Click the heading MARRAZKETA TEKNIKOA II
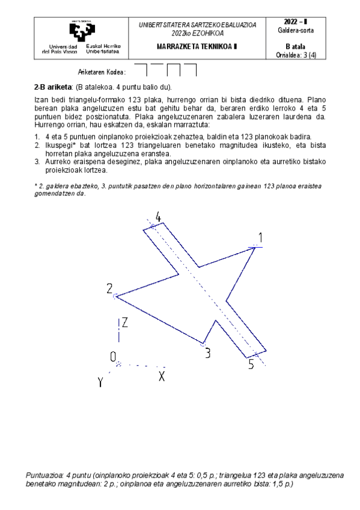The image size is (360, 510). (x=197, y=46)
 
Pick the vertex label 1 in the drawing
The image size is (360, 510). (x=260, y=236)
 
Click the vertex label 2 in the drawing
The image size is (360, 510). (x=110, y=288)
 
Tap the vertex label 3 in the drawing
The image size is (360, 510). (x=207, y=354)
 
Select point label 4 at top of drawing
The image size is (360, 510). (x=158, y=217)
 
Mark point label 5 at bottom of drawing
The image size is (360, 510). (x=252, y=364)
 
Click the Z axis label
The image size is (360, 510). (x=124, y=323)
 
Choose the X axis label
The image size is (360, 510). (x=161, y=376)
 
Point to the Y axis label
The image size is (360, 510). (x=101, y=382)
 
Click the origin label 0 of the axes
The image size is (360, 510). (x=113, y=357)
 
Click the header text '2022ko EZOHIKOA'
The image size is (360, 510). (x=197, y=32)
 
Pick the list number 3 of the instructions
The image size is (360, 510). (x=37, y=162)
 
